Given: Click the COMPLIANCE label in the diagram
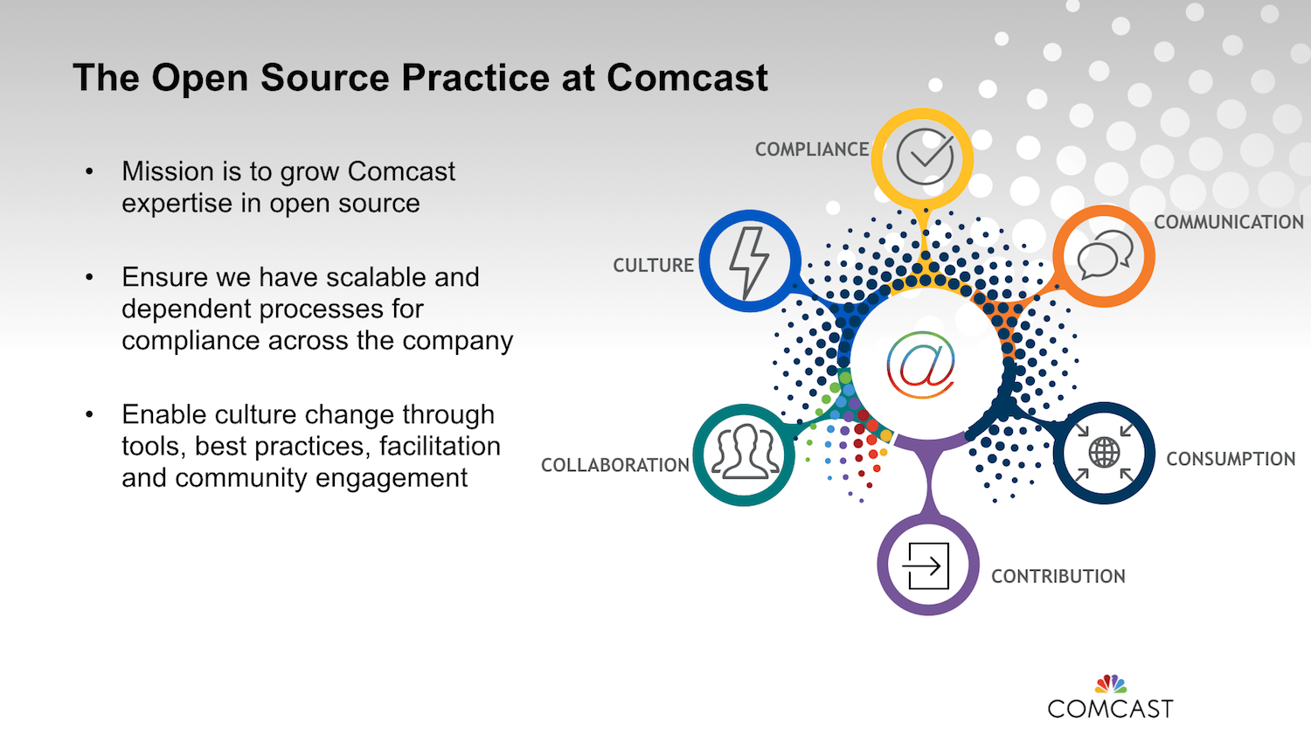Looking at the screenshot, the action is click(x=812, y=149).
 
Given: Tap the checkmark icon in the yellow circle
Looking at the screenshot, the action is click(x=926, y=157).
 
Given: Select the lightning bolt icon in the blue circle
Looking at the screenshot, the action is click(x=749, y=263).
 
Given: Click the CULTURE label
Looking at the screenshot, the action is click(x=653, y=265).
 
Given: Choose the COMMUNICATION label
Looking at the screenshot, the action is click(x=1229, y=222).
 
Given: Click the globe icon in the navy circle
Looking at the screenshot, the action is click(x=1105, y=452).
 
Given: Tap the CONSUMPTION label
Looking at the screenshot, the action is click(x=1231, y=458).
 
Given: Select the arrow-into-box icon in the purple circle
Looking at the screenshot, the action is click(x=926, y=566).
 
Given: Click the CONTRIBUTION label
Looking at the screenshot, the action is click(x=1058, y=576).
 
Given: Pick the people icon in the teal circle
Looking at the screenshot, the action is click(x=746, y=453).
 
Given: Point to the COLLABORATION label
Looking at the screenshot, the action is click(x=615, y=465).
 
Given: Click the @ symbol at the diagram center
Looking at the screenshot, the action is click(x=920, y=365).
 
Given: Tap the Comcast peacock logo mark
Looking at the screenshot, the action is click(x=1111, y=684).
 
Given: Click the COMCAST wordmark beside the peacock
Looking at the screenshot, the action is click(x=1110, y=709).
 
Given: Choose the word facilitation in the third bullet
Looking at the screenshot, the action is click(x=440, y=446).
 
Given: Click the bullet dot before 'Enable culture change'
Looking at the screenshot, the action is click(x=89, y=414).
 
